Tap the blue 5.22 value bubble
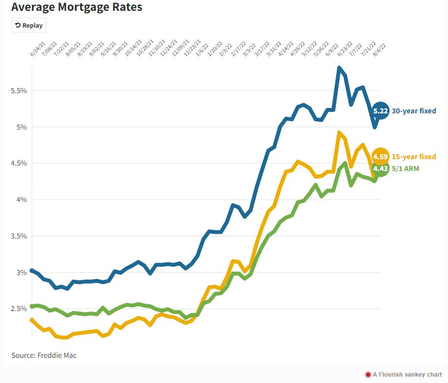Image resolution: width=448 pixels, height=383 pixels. (x=381, y=111)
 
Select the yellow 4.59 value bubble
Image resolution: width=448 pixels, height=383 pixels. (x=380, y=157)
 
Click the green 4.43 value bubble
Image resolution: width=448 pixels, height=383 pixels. (x=381, y=169)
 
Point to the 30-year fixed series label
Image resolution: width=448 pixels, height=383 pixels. (x=414, y=111)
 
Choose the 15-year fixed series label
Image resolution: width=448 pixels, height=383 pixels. (x=414, y=157)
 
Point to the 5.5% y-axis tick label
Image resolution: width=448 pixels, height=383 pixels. (x=19, y=91)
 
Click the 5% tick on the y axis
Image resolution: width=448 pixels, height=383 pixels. (x=21, y=127)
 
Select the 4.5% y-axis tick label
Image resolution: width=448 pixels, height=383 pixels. (x=19, y=163)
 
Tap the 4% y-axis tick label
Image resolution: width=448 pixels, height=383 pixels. (x=21, y=200)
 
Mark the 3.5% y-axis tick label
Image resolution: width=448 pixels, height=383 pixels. (x=19, y=236)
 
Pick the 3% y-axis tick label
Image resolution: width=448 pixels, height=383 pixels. (x=21, y=273)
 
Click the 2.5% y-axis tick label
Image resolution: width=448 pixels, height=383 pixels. (x=19, y=309)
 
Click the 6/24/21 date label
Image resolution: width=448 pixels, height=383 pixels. (x=36, y=51)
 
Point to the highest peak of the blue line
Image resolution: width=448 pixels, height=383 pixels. (x=339, y=68)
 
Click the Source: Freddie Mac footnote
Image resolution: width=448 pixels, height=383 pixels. (x=44, y=355)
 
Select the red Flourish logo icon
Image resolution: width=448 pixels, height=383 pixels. (x=367, y=375)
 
